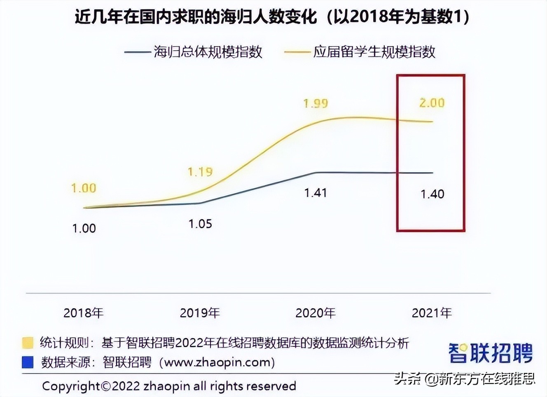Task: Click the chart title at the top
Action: [272, 17]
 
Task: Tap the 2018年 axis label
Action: [83, 313]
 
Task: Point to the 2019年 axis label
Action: [200, 313]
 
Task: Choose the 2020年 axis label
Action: [316, 313]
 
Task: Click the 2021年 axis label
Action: [432, 313]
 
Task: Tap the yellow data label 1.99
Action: [316, 103]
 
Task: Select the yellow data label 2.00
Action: [432, 103]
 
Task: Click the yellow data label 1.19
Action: [200, 171]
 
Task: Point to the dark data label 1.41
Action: [316, 193]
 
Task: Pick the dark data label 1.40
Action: [432, 194]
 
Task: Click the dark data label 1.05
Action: [200, 224]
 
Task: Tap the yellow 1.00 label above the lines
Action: [84, 188]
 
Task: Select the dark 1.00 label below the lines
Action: [84, 228]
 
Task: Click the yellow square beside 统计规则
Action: [28, 343]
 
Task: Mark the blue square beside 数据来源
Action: [28, 362]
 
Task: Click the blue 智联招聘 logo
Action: [491, 353]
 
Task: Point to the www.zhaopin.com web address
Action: [217, 362]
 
